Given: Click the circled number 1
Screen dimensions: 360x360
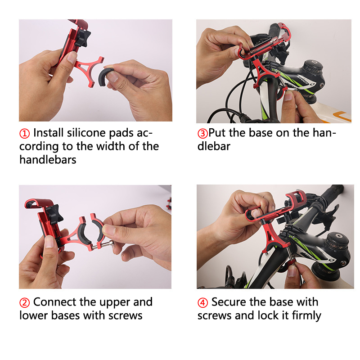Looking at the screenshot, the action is [x=24, y=133].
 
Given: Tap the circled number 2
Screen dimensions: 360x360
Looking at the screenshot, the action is [x=24, y=302].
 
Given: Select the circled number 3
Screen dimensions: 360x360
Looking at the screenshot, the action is [x=202, y=133].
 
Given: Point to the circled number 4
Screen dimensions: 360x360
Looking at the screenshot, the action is [x=202, y=302].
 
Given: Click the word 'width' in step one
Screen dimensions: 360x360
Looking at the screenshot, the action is [x=111, y=146].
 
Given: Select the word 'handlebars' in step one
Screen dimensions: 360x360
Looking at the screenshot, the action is [x=48, y=160].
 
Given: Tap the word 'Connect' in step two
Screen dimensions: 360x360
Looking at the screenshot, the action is [x=54, y=302].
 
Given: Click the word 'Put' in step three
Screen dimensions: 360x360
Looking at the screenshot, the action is [x=217, y=133].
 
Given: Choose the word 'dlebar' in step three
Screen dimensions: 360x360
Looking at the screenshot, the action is [x=214, y=146].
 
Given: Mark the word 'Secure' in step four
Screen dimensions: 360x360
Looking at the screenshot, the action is [x=229, y=302].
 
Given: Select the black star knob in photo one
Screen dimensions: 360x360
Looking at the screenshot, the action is [x=83, y=38].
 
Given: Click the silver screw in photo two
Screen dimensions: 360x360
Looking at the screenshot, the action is [x=103, y=245].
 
